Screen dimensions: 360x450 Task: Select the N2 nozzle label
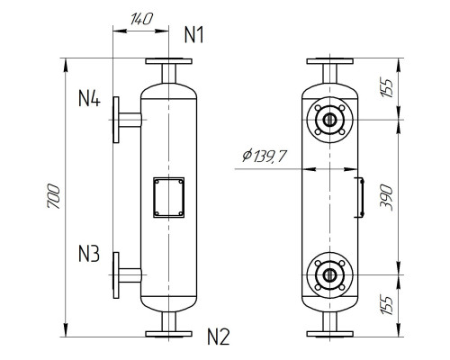[x=218, y=338]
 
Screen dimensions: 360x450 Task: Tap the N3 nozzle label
[x=89, y=255]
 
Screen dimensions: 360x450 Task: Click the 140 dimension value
[x=139, y=18]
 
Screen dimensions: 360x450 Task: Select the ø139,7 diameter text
[x=265, y=157]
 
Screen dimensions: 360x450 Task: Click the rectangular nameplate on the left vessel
[x=168, y=197]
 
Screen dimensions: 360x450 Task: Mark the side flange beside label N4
[x=116, y=119]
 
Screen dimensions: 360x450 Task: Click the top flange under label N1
[x=168, y=63]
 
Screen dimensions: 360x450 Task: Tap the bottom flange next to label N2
[x=168, y=332]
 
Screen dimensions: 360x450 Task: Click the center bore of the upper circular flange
[x=330, y=119]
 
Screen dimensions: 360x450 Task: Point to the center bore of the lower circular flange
[x=330, y=274]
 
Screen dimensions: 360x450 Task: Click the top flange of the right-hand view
[x=330, y=63]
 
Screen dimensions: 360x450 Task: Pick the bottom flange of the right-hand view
[x=330, y=332]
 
